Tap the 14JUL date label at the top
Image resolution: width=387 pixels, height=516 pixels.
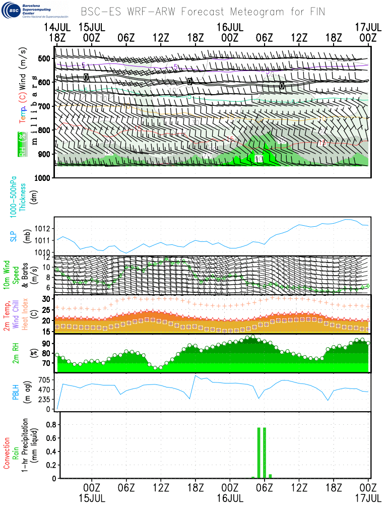click(57, 26)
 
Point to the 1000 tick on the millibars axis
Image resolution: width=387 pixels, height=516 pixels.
click(43, 178)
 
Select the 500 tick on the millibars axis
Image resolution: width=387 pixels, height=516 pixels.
click(45, 58)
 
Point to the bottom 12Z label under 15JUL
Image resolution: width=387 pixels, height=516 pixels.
click(161, 488)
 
